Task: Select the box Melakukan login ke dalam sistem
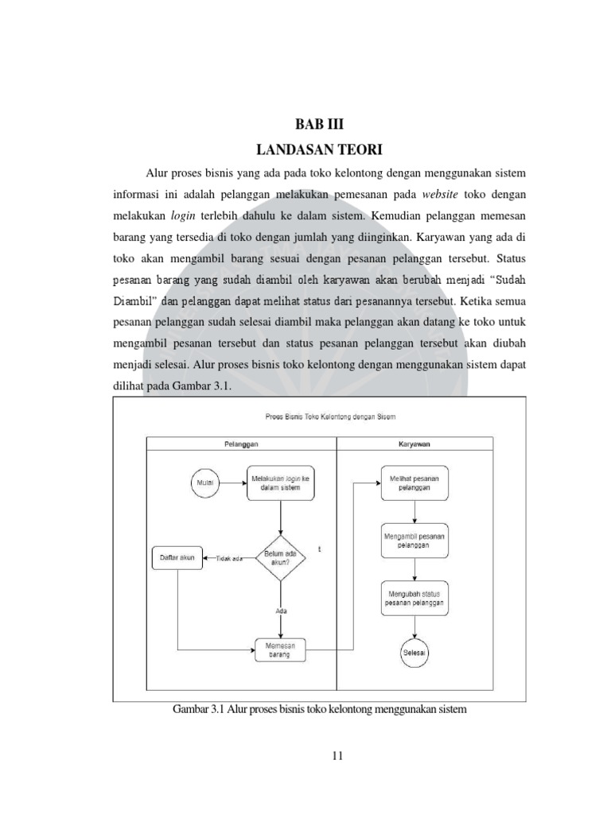[281, 483]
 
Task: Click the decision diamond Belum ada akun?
[281, 558]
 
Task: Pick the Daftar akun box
[177, 558]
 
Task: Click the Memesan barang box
[281, 650]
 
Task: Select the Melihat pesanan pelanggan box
[414, 483]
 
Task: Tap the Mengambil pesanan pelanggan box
[414, 541]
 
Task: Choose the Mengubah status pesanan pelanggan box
[414, 598]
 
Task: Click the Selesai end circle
[414, 653]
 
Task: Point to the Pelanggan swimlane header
[241, 444]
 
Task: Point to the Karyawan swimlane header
[414, 444]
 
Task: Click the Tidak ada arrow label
[229, 559]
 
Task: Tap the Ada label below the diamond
[281, 610]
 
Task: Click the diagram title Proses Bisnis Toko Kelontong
[330, 416]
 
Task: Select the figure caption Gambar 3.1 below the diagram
[318, 710]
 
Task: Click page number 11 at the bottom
[337, 756]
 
